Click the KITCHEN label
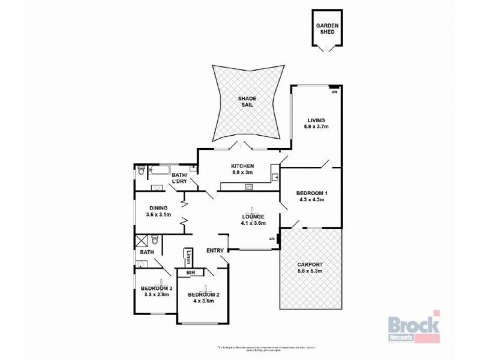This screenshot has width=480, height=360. [243, 166]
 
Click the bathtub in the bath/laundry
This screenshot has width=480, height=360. [158, 170]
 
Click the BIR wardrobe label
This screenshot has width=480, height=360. [191, 273]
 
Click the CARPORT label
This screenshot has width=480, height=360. [310, 265]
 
